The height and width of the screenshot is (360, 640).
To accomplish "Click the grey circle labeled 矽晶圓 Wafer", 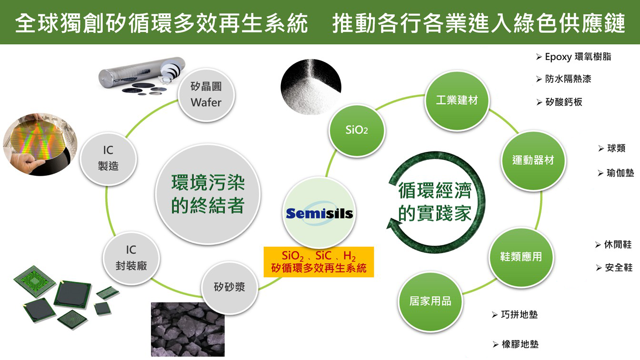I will coord(206,94).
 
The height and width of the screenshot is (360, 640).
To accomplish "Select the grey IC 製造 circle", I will coord(108,158).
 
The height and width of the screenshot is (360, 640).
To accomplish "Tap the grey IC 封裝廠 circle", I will coord(131,258).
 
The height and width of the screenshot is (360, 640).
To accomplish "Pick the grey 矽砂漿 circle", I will coord(229,287).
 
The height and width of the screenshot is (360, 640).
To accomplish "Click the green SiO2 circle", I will coord(357,130).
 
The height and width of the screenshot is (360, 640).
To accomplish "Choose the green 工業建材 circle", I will coord(456,100).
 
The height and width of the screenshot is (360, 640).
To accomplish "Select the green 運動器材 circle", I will coord(532,160).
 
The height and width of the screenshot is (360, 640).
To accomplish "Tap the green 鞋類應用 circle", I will coord(520,257).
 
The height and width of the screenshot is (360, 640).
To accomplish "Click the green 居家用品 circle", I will coord(430,301).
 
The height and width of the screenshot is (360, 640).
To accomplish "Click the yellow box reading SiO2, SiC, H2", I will coord(319,261).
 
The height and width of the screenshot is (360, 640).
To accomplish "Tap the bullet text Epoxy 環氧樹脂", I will coord(577,57).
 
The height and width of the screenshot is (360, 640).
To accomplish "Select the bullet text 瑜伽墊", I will coord(620,173).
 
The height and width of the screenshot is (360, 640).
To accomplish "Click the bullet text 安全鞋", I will coord(618,268).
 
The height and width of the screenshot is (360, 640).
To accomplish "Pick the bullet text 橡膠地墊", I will coord(520,344).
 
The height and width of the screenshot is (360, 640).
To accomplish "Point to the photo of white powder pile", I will coord(310,86).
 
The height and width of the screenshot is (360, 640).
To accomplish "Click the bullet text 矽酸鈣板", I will coord(563,102).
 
